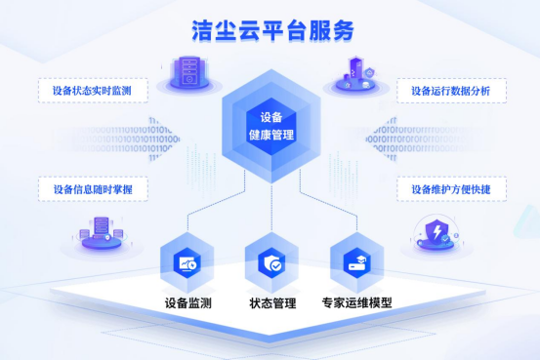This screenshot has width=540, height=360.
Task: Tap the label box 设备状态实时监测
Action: [x=91, y=91]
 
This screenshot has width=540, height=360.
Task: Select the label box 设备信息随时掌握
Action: [x=91, y=188]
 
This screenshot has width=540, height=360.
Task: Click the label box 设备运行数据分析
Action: [x=450, y=91]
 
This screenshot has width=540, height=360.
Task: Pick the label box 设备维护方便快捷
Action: [x=450, y=188]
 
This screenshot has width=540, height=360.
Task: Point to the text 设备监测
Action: [x=188, y=303]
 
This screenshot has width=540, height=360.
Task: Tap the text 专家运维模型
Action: [x=356, y=303]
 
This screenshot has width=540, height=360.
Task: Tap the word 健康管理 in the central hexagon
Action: [x=270, y=137]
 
